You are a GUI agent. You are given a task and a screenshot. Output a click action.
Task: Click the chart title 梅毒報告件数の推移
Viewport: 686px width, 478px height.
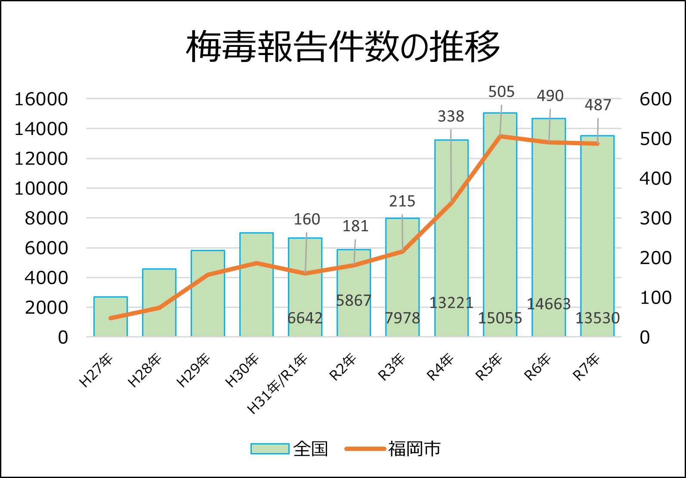point(343,46)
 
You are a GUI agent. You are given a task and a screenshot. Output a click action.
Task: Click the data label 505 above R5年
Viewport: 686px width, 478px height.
point(501,92)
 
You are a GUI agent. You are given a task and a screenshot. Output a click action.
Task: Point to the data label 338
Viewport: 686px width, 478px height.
point(451,116)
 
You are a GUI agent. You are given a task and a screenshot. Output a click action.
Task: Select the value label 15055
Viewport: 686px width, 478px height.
point(500,318)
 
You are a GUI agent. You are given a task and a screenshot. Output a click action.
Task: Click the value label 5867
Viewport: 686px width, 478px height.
point(353,300)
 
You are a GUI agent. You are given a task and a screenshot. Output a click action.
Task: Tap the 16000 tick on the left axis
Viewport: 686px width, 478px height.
point(41,99)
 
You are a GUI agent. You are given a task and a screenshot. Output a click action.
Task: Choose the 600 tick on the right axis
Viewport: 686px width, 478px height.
point(655,99)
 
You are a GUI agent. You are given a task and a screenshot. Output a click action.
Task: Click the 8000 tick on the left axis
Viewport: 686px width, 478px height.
point(46,218)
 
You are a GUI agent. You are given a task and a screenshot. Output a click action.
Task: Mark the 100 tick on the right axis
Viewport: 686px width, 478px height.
point(655,297)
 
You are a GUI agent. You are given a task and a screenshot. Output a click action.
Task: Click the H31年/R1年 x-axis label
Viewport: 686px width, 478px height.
point(278,384)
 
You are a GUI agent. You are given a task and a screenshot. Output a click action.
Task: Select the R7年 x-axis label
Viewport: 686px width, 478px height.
point(586,367)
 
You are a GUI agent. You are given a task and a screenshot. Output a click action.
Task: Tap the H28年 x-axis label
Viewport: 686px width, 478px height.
point(145,371)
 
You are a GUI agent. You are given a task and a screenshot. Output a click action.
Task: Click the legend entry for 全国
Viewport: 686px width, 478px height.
point(289,449)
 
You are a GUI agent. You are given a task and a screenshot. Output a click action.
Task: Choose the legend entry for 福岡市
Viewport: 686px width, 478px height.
point(392,449)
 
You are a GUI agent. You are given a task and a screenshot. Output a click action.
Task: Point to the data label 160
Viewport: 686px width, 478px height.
point(306,219)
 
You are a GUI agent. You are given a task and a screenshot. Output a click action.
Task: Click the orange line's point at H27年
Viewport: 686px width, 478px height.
point(111,318)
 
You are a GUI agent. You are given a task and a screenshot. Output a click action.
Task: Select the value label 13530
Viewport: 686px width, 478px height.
point(597,318)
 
